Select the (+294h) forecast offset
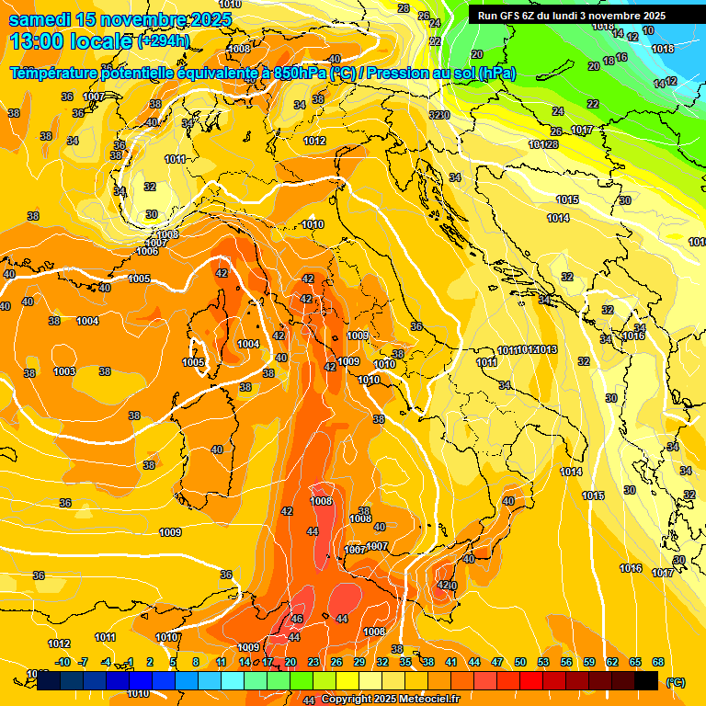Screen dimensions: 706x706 coord(164,41)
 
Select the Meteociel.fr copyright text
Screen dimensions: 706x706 coord(391,700)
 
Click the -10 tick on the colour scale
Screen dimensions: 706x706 coord(63,662)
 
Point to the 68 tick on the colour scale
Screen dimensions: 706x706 coord(658,662)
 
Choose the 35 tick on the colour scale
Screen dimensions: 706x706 coord(405,662)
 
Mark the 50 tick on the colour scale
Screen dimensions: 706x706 coord(520,662)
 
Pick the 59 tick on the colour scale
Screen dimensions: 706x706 coord(589,662)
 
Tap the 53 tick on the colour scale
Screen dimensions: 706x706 coord(543,662)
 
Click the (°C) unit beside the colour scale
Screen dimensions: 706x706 coord(676,682)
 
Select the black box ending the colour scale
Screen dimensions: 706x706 coord(646,680)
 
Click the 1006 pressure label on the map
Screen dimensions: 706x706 coord(147,251)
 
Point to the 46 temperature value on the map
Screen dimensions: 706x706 coord(297,619)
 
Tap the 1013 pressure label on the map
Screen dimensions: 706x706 coord(547,350)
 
